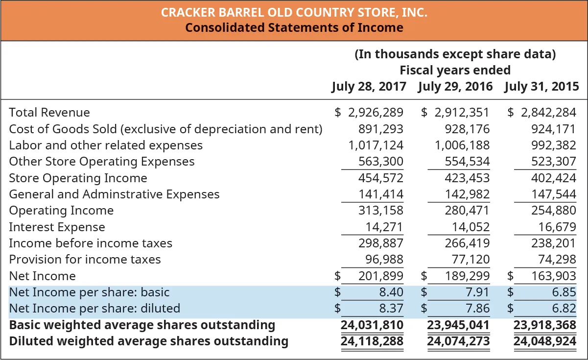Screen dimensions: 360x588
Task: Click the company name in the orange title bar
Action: [x=294, y=12]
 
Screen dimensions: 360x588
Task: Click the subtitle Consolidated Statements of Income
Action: [x=294, y=27]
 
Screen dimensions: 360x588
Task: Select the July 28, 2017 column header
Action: [x=369, y=87]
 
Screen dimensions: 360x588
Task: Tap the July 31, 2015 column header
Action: [x=541, y=87]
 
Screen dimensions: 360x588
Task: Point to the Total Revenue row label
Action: [x=49, y=113]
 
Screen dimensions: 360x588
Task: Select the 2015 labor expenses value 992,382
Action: [x=554, y=145]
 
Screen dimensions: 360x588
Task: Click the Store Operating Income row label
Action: [x=78, y=178]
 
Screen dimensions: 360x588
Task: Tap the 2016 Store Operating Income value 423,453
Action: [x=467, y=178]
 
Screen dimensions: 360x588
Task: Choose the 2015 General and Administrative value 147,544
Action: [x=554, y=194]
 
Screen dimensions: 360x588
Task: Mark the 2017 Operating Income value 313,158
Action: [x=381, y=211]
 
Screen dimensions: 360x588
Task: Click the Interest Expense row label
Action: [x=57, y=227]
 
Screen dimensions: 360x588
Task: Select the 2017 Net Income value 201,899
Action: [x=381, y=276]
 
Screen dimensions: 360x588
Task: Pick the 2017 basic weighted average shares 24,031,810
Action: [x=372, y=325]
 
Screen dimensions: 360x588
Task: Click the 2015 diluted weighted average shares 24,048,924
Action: [x=545, y=341]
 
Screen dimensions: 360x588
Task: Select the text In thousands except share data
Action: [x=455, y=54]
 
